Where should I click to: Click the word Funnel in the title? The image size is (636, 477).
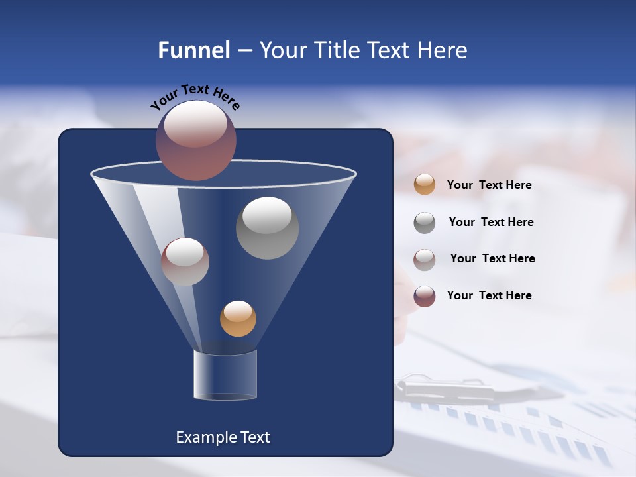pyautogui.click(x=193, y=50)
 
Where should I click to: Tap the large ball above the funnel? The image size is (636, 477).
pyautogui.click(x=195, y=140)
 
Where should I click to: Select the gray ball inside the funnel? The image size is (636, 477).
pyautogui.click(x=267, y=228)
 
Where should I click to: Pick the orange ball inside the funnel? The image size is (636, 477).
pyautogui.click(x=238, y=318)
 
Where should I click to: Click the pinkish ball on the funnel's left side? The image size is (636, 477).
pyautogui.click(x=185, y=262)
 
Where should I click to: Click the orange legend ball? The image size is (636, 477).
pyautogui.click(x=424, y=184)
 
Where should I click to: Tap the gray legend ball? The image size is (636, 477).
pyautogui.click(x=424, y=222)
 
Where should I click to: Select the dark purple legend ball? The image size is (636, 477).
pyautogui.click(x=424, y=295)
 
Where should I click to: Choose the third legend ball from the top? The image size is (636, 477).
pyautogui.click(x=424, y=259)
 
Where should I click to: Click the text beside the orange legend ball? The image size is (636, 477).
pyautogui.click(x=489, y=185)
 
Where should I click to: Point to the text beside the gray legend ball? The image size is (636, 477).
pyautogui.click(x=491, y=222)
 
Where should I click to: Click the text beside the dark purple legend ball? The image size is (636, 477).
pyautogui.click(x=489, y=295)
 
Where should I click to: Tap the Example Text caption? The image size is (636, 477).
pyautogui.click(x=223, y=437)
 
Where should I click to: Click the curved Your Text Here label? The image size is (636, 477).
pyautogui.click(x=195, y=96)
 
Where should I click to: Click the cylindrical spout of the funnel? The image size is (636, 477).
pyautogui.click(x=225, y=375)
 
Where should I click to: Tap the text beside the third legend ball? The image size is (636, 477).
pyautogui.click(x=492, y=258)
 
